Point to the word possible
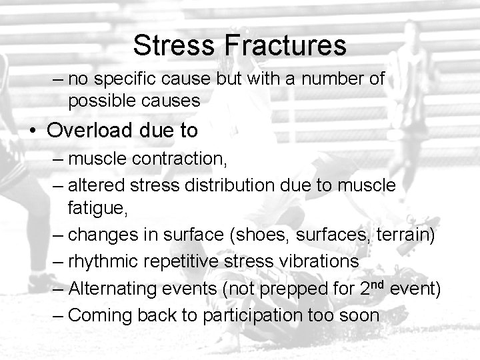pyautogui.click(x=99, y=101)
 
